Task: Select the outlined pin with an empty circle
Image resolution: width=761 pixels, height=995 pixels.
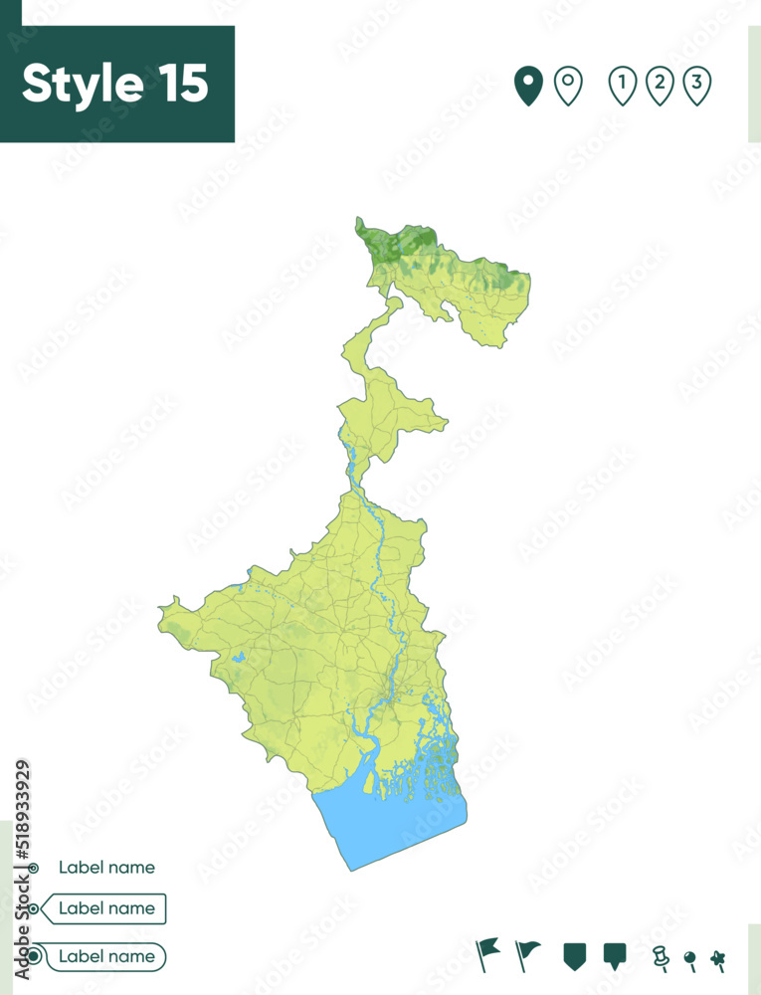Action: (568, 85)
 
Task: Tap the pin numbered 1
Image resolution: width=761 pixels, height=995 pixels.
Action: (623, 85)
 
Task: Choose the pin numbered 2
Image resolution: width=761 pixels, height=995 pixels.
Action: (660, 85)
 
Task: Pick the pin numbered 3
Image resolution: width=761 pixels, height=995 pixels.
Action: (697, 85)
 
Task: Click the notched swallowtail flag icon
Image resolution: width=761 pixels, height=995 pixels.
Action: (488, 953)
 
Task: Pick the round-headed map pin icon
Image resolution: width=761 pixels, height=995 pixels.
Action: (689, 959)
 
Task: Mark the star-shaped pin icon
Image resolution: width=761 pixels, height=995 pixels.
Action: (717, 959)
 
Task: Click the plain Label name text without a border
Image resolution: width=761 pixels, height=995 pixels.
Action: (106, 868)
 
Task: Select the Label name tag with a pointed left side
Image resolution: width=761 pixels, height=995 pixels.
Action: (106, 908)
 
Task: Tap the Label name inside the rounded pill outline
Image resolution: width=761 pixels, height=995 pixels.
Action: (106, 956)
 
